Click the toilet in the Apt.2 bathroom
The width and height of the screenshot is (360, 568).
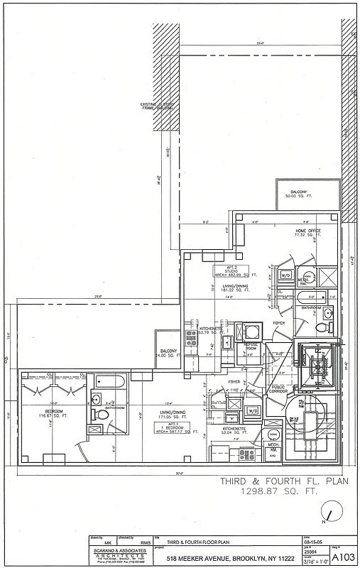click(321, 328)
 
